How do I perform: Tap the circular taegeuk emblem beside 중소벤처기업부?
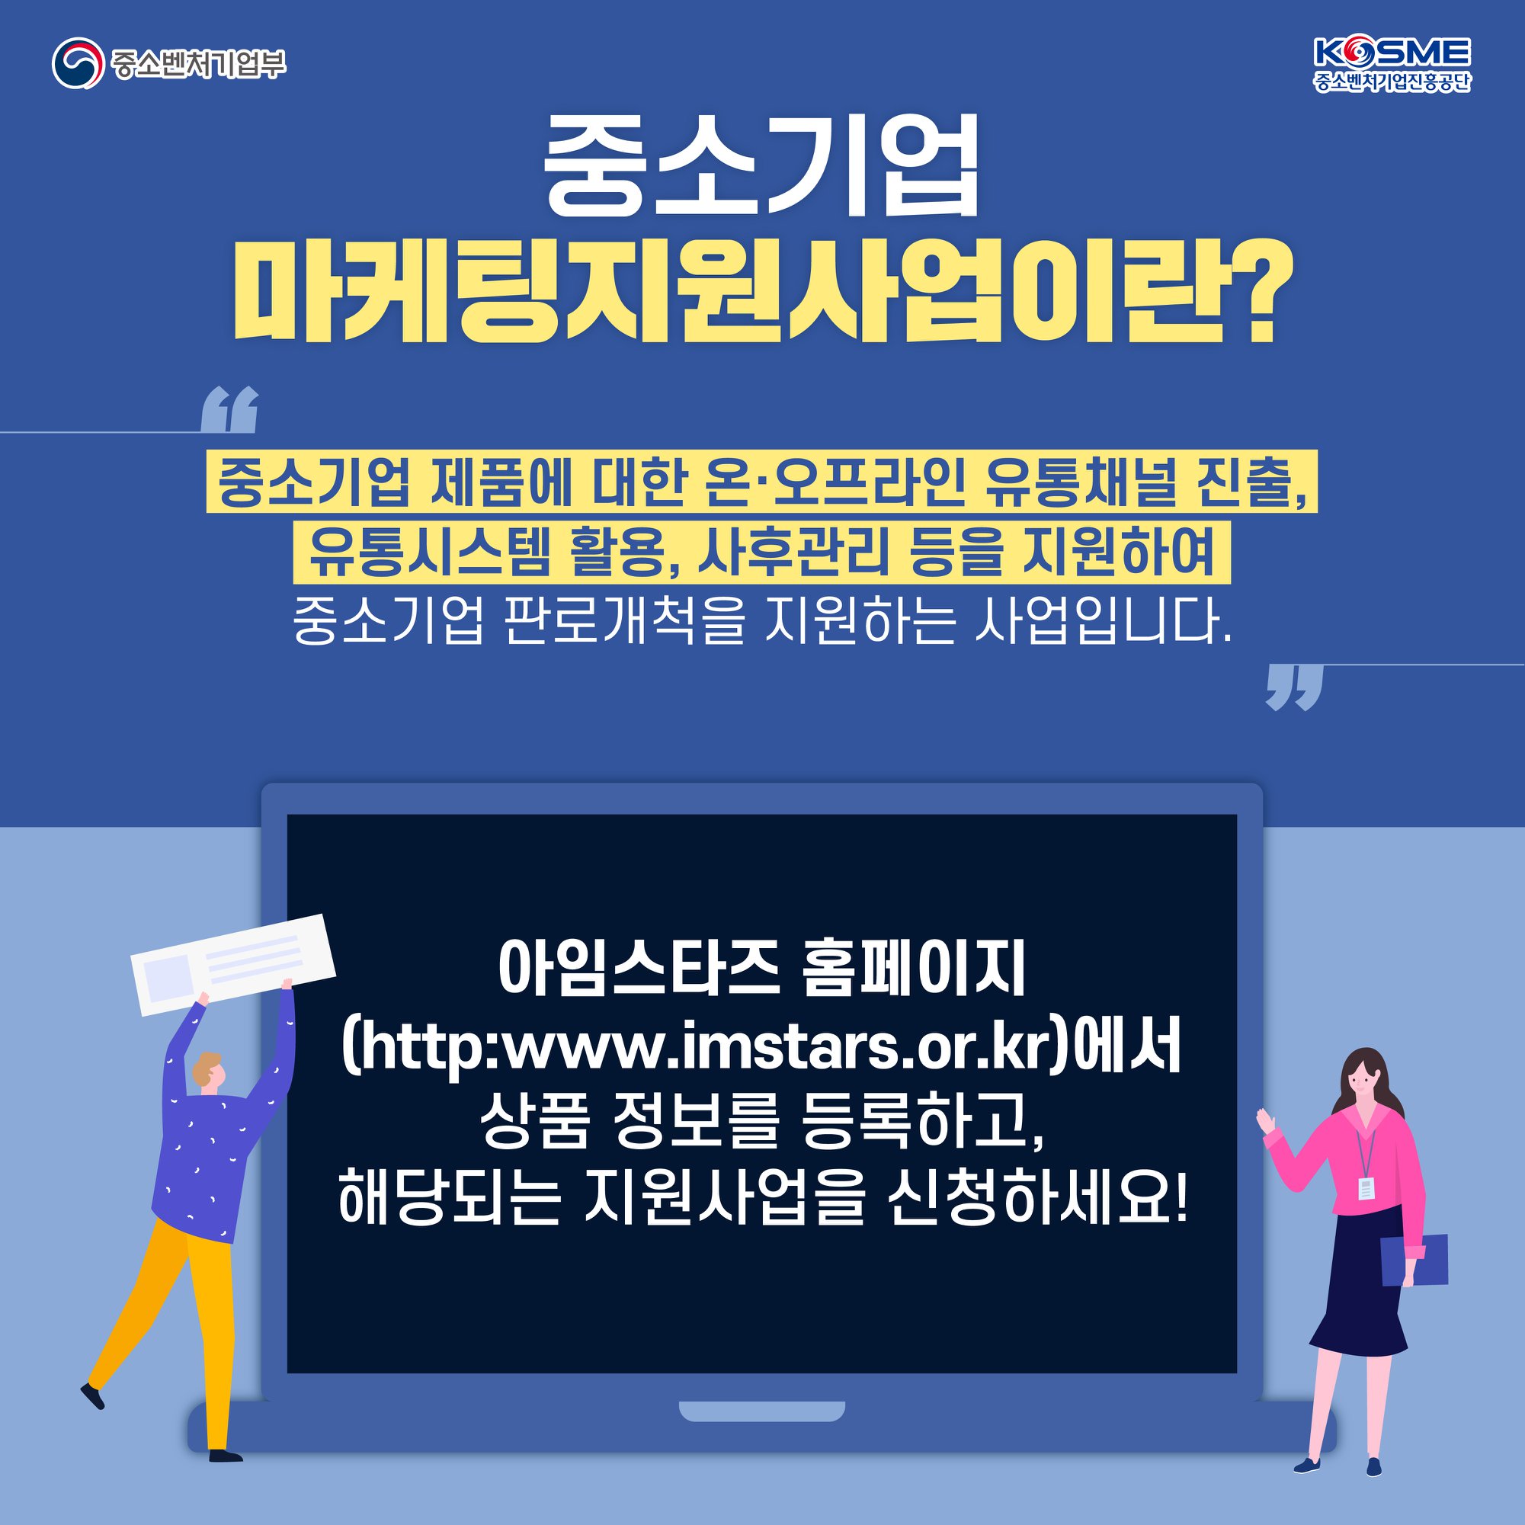pyautogui.click(x=78, y=63)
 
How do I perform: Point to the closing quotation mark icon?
pyautogui.click(x=1294, y=687)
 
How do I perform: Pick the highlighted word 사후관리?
pyautogui.click(x=793, y=551)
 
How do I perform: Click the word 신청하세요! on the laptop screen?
pyautogui.click(x=1036, y=1196)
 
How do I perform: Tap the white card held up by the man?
pyautogui.click(x=233, y=965)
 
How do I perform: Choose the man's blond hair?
pyautogui.click(x=207, y=1065)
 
